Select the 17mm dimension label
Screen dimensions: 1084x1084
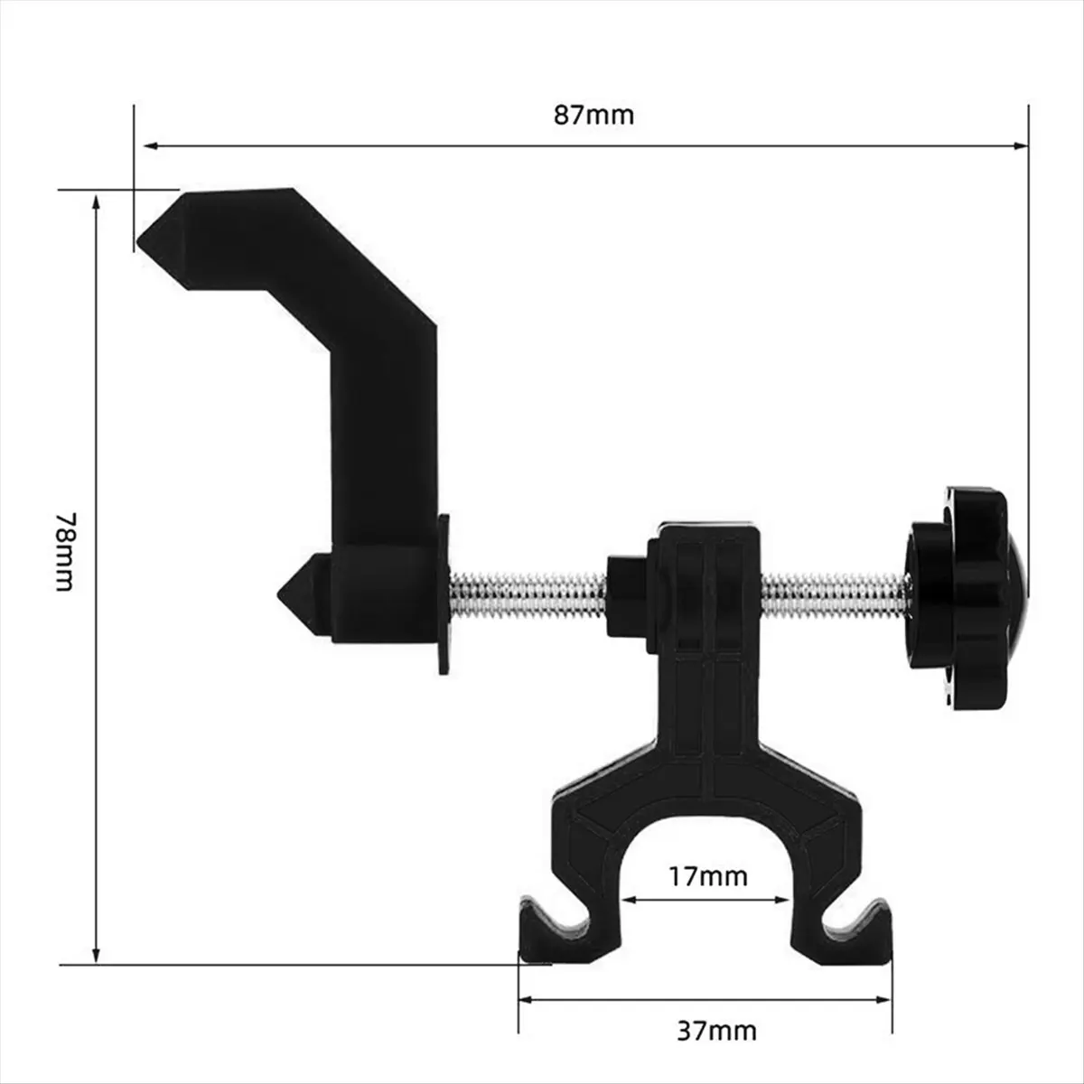click(708, 875)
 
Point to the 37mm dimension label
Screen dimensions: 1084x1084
click(716, 1030)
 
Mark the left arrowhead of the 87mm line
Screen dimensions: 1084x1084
click(143, 145)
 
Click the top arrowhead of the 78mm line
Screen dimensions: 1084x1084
click(97, 204)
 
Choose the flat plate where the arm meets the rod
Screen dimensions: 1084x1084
click(444, 594)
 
